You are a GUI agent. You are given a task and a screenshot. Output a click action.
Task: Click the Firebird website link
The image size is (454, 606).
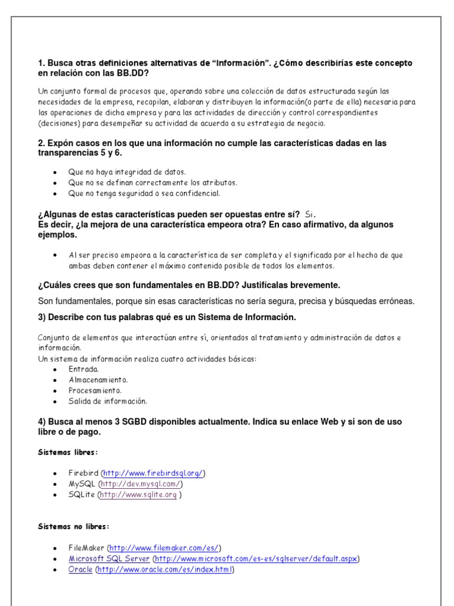pyautogui.click(x=153, y=473)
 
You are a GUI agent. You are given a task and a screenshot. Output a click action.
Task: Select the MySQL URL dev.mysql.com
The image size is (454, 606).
pyautogui.click(x=140, y=484)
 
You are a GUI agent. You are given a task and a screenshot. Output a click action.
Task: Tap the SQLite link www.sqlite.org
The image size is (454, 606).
pyautogui.click(x=138, y=495)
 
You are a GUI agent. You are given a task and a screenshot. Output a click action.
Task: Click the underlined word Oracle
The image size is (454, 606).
pyautogui.click(x=80, y=570)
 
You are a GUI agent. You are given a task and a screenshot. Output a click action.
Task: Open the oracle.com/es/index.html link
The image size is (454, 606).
pyautogui.click(x=165, y=570)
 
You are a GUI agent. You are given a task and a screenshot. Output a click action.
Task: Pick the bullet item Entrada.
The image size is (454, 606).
pyautogui.click(x=83, y=369)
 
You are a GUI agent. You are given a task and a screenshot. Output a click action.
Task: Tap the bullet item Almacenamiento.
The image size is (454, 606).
pyautogui.click(x=98, y=380)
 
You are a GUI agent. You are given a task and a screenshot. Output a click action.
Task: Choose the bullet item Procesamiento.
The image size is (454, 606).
pyautogui.click(x=95, y=391)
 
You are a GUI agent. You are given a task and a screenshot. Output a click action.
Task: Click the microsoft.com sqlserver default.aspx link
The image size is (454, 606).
pyautogui.click(x=256, y=559)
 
